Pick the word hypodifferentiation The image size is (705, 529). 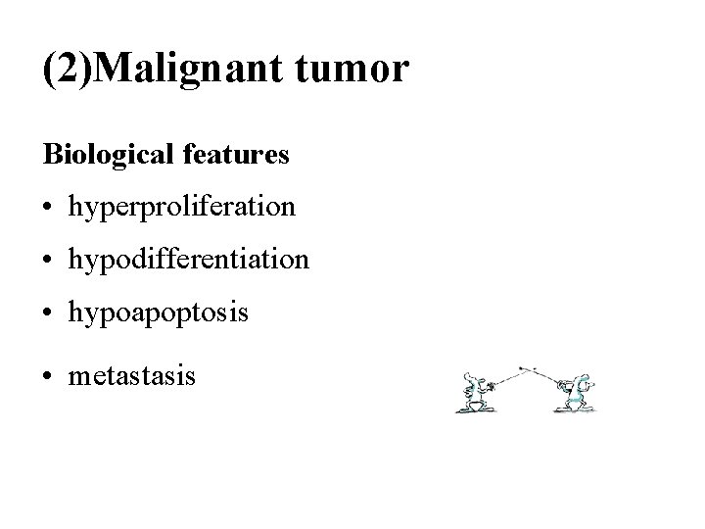point(188,262)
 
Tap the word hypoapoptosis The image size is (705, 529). point(158,315)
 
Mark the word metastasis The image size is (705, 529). point(132,375)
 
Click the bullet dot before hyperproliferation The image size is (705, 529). point(48,209)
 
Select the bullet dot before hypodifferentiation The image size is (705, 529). point(48,262)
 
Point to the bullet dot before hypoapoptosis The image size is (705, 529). point(48,313)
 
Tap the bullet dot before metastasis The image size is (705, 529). point(48,375)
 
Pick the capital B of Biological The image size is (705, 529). point(49,156)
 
